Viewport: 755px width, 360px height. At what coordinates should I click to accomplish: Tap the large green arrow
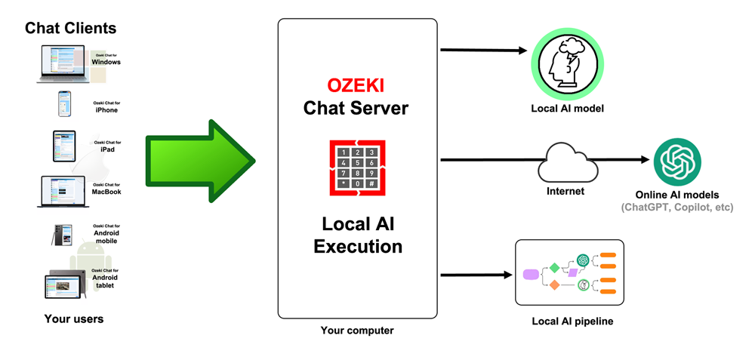tap(201, 159)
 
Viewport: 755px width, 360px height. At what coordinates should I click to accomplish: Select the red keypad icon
tap(357, 168)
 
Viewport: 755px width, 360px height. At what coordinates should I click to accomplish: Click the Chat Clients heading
tap(71, 29)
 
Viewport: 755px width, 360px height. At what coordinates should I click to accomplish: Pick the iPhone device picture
tap(65, 105)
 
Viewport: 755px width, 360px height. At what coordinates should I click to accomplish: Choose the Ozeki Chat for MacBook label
tap(106, 189)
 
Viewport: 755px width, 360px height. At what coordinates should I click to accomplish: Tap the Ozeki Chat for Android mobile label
tap(106, 229)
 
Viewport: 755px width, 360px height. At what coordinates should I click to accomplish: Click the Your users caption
tap(74, 318)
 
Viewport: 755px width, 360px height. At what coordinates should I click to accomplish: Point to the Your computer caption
tap(357, 331)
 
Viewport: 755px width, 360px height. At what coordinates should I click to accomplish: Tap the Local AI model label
tap(567, 109)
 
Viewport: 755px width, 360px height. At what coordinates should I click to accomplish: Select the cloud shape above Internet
tap(565, 161)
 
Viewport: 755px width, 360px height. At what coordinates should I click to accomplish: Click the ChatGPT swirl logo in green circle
tap(677, 161)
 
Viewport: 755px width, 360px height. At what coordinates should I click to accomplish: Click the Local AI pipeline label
tap(572, 322)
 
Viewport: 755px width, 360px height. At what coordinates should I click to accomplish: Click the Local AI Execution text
tap(357, 235)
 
